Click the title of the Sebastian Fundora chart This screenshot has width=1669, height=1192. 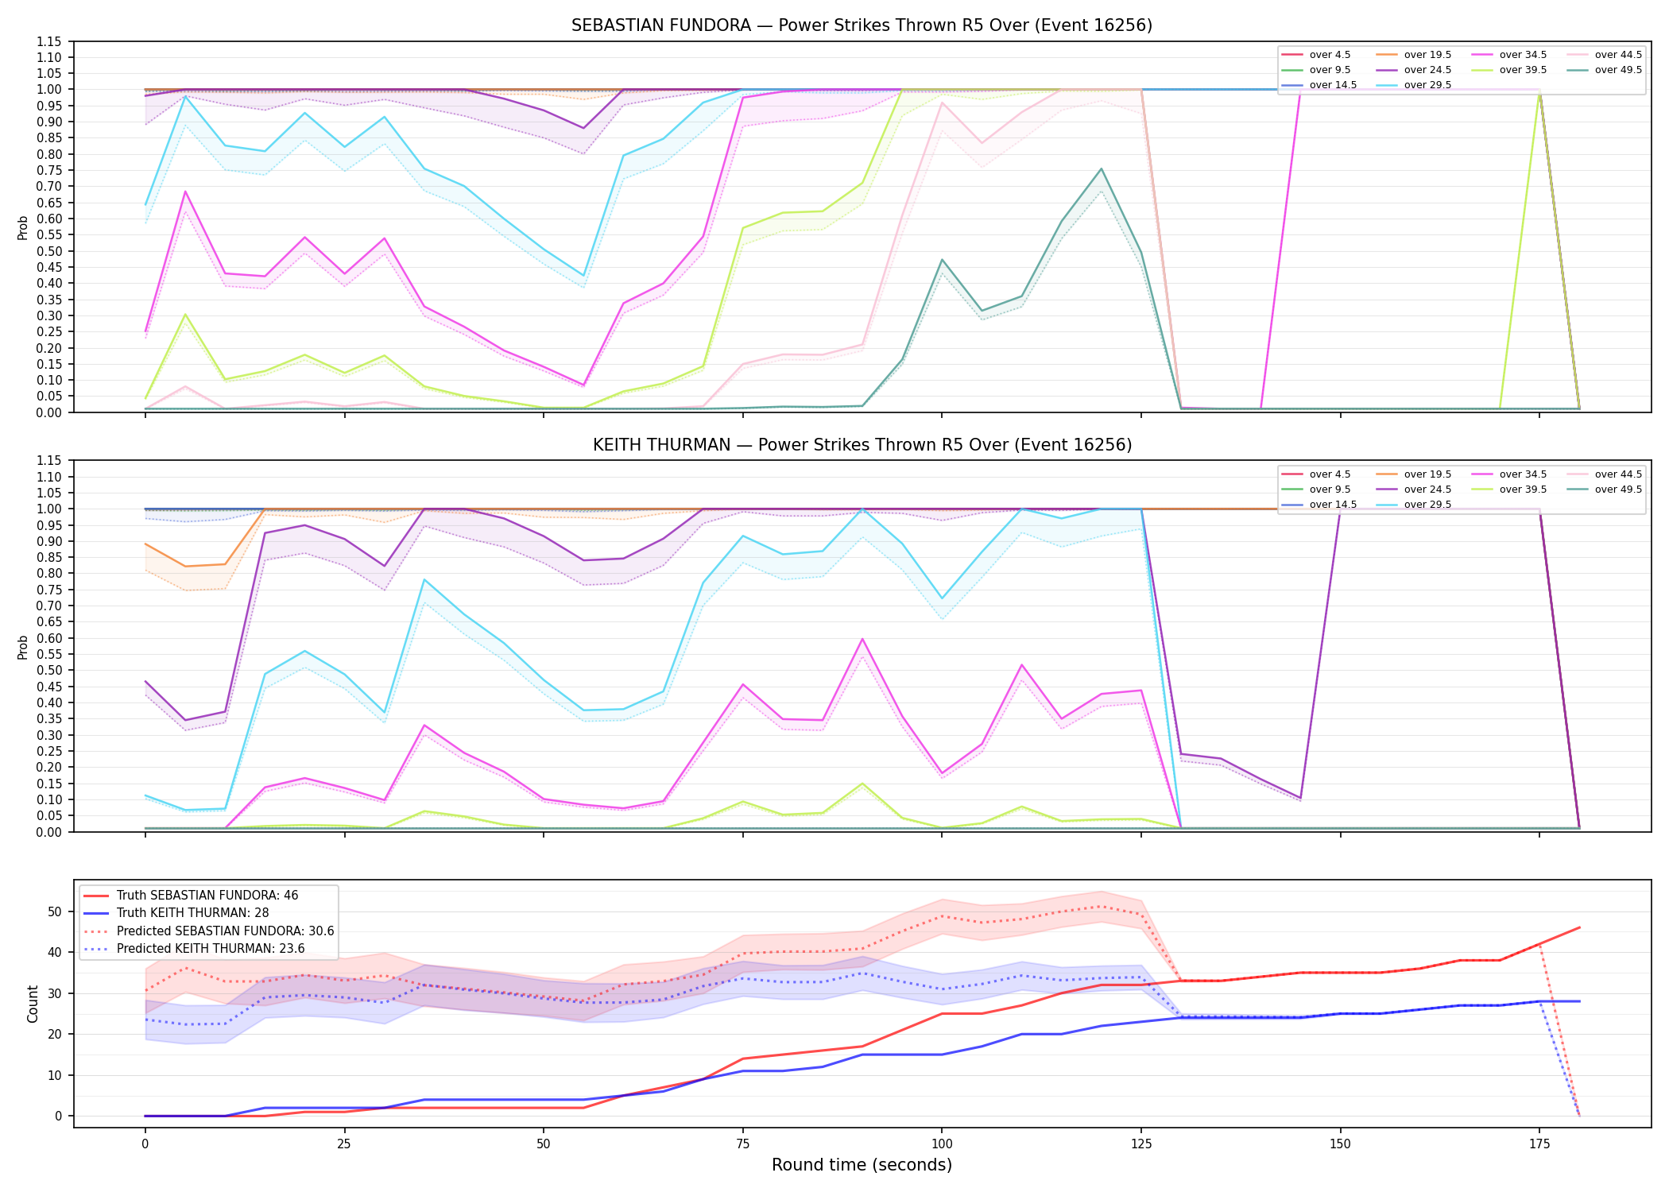[862, 25]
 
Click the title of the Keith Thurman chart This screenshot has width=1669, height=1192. [862, 445]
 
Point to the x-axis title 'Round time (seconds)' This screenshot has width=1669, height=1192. [862, 1165]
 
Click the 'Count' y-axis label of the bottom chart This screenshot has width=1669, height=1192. [33, 1004]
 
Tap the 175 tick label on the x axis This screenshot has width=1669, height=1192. [1539, 1144]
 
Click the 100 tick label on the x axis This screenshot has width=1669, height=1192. [942, 1144]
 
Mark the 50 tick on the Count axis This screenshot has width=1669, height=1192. [55, 911]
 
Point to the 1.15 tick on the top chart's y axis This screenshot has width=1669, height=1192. [49, 41]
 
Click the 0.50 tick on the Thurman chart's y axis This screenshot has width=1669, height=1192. [49, 670]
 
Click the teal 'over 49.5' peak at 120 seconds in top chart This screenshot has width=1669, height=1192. [1101, 168]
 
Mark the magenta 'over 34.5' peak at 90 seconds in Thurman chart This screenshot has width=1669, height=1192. [862, 639]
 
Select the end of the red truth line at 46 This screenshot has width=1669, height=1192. [1579, 927]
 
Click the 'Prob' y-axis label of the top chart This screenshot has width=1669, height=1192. [23, 227]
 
